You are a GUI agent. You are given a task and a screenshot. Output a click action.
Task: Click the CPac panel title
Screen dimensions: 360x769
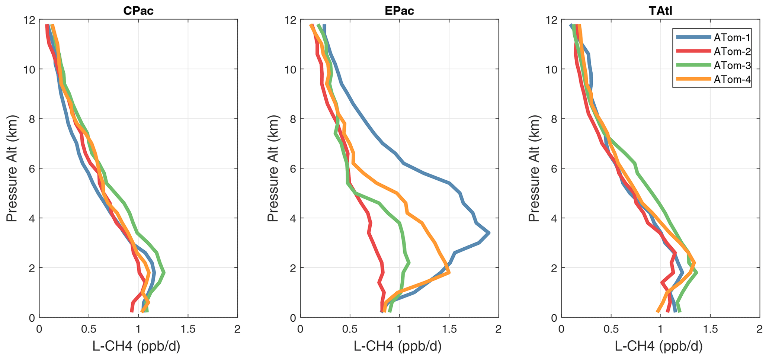pos(138,11)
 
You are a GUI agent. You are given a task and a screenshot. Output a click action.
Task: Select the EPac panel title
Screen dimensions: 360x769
pos(399,11)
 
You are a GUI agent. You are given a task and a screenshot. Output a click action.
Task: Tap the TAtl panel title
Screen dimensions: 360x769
pos(660,11)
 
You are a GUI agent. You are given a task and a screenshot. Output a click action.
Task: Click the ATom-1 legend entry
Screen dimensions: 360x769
pos(731,37)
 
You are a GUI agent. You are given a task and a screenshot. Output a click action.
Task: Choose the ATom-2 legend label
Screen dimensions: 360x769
pos(731,51)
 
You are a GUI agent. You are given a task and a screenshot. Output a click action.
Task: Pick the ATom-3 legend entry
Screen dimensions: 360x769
pos(731,65)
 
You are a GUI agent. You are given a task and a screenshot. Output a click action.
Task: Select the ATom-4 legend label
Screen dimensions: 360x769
pos(731,79)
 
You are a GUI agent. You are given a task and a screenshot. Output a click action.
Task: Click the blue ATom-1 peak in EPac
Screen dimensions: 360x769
pos(488,233)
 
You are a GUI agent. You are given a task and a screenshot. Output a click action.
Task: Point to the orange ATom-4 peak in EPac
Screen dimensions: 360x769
pos(449,273)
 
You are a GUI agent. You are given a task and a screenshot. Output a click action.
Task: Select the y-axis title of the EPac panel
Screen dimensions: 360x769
pos(273,168)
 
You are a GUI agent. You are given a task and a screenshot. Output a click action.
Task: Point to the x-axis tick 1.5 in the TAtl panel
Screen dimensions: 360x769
pos(710,329)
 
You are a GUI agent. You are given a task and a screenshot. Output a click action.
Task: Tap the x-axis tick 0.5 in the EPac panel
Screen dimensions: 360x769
pos(350,329)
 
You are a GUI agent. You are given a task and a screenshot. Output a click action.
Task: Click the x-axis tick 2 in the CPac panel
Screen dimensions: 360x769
pos(237,329)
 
